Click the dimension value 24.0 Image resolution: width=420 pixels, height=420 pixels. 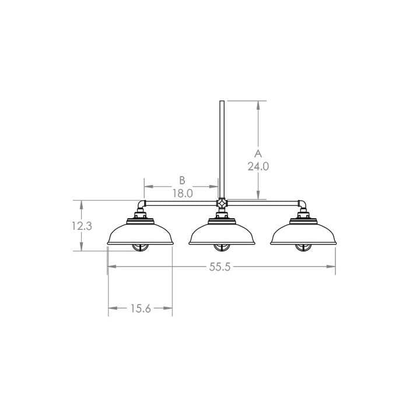[258, 166]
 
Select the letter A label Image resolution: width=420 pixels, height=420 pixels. [258, 153]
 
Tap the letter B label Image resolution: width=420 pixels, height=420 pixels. [182, 180]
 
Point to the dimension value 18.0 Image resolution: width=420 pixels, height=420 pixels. [182, 192]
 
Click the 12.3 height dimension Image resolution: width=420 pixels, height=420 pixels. [82, 226]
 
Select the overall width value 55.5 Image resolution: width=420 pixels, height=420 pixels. [220, 267]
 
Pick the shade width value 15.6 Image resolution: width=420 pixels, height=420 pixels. [141, 309]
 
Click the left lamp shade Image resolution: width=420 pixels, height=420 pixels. [141, 234]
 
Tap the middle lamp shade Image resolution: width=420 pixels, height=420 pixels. [222, 234]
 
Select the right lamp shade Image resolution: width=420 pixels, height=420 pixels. [303, 234]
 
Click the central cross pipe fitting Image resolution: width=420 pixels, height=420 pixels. [222, 204]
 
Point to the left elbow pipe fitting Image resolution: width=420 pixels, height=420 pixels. [141, 205]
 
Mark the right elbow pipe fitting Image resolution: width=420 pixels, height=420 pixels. [303, 205]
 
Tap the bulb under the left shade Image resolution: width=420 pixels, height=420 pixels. [141, 247]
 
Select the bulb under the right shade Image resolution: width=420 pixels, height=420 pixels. [303, 247]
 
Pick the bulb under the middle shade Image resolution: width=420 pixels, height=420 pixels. [222, 247]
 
